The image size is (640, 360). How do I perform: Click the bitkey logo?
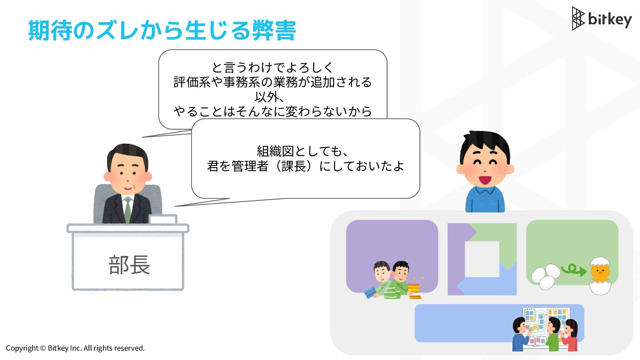602,19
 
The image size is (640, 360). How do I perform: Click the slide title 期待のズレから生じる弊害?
162,30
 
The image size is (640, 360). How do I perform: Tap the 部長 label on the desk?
129,265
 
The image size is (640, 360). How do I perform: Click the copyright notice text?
75,348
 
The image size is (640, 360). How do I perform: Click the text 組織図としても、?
302,151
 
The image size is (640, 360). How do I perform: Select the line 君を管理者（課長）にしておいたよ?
305,166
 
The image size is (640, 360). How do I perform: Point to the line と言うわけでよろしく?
273,67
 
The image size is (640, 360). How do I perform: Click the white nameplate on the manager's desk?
163,219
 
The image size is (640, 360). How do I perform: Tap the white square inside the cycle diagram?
482,259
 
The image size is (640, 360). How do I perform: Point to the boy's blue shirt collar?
485,190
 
